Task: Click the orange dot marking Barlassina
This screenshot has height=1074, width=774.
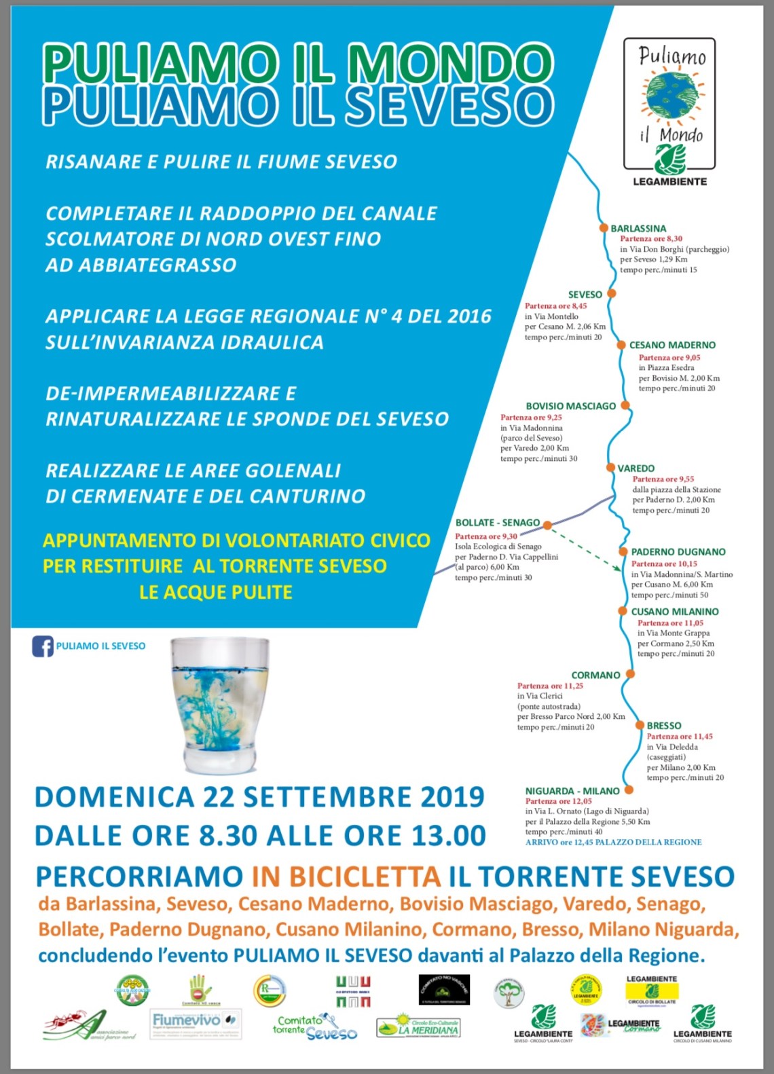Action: point(603,228)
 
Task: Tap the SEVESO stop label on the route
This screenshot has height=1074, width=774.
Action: point(585,295)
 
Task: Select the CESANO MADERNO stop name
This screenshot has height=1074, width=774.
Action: point(672,345)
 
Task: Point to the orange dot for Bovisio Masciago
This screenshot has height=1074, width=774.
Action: point(625,405)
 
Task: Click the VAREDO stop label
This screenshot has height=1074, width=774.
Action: point(635,468)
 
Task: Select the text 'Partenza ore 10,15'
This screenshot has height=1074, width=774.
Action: point(664,563)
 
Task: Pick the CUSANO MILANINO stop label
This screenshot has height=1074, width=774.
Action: point(674,612)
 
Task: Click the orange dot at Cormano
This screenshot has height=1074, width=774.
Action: point(629,674)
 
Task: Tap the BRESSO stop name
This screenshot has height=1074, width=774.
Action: point(663,726)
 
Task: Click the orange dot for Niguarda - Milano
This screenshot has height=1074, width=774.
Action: point(629,790)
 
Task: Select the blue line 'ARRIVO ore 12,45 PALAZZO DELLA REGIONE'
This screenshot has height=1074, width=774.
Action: point(613,842)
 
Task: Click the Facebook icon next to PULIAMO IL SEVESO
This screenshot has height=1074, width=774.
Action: point(42,646)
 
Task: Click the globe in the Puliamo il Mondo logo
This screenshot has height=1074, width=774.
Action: point(671,96)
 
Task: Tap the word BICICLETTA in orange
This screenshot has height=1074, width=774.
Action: point(346,876)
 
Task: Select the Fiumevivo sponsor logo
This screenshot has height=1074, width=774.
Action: point(196,1022)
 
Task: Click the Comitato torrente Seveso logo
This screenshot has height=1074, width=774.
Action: point(314,1027)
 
